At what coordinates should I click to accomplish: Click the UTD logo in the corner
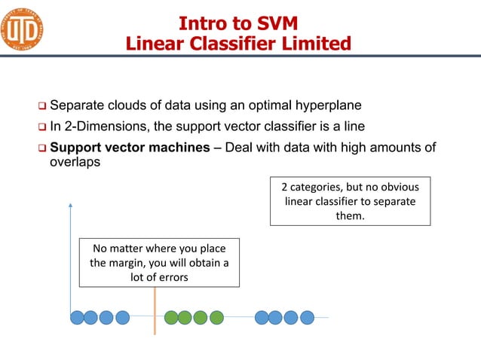coord(22,29)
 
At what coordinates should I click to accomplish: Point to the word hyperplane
coord(329,105)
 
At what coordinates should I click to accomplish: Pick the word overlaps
coord(75,162)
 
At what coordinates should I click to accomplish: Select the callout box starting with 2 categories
coord(350,201)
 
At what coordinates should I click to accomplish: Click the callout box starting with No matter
coord(159,263)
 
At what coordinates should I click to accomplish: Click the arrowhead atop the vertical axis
coord(70,203)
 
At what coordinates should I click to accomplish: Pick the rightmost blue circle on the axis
coord(307,317)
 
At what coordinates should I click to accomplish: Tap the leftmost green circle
coord(171,317)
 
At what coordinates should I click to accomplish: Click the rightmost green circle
coord(216,317)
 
